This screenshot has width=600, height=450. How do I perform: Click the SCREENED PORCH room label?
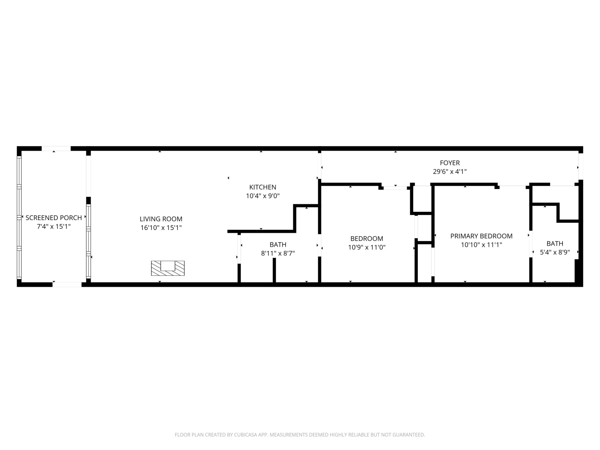[x=54, y=218]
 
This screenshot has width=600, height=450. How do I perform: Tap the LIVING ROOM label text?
[x=161, y=219]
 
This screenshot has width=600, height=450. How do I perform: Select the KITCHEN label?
[x=263, y=187]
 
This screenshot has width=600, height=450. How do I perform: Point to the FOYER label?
[x=450, y=163]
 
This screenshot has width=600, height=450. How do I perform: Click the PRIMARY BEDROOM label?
[x=481, y=236]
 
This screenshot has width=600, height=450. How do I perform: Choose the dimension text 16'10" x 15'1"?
[x=161, y=228]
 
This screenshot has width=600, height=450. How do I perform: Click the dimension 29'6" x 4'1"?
[x=450, y=172]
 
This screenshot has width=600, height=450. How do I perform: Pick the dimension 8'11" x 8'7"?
[x=278, y=253]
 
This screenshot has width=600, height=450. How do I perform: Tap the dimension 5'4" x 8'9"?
[x=555, y=252]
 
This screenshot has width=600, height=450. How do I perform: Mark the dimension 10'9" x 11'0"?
[x=367, y=247]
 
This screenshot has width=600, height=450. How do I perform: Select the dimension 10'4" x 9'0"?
[x=263, y=196]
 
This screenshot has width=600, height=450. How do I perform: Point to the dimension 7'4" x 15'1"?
[x=54, y=227]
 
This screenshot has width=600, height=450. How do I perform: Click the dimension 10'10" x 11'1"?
[x=481, y=245]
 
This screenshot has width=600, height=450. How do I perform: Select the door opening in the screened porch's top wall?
[x=56, y=149]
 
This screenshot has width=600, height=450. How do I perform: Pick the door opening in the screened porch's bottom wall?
[x=67, y=285]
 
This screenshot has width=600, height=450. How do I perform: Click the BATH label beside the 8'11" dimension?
[x=278, y=245]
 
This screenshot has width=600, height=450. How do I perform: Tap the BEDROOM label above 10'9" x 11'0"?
[x=367, y=239]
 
